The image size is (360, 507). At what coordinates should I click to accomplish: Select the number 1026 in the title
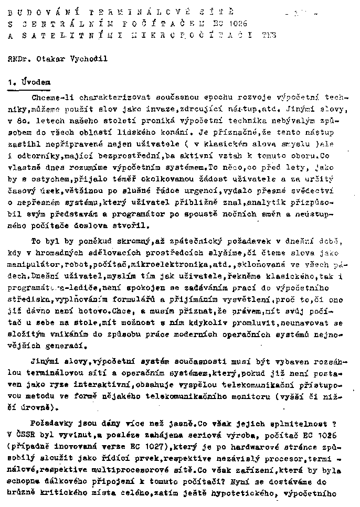point(238,23)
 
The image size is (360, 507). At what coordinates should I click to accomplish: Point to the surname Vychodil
point(86,59)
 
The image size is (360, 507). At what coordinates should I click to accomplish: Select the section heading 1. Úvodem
point(29,82)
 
